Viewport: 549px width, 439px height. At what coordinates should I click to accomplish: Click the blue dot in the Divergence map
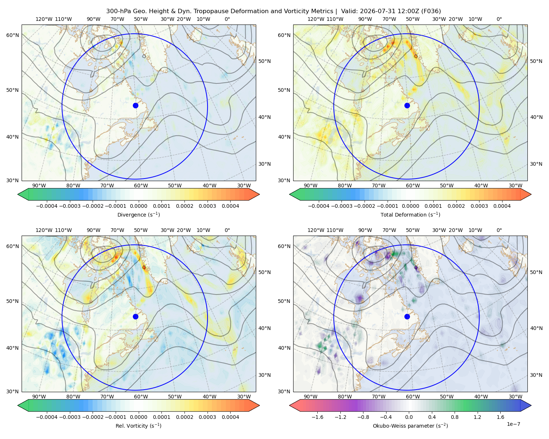coord(135,106)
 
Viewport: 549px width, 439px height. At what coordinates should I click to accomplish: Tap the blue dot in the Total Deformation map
coord(407,106)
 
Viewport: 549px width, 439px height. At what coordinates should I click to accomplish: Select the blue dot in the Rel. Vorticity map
coord(135,316)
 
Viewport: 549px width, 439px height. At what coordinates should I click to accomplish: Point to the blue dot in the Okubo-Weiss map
coord(407,316)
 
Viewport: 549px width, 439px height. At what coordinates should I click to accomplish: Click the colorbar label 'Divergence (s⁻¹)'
coord(138,214)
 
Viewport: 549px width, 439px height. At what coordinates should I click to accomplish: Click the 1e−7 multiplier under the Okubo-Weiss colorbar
coord(513,424)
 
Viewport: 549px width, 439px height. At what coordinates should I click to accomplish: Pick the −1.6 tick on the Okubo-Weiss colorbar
coord(318,417)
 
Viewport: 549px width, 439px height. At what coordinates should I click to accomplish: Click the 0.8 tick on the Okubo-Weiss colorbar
coord(455,417)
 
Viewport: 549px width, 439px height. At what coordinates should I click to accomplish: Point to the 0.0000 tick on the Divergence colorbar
coord(138,206)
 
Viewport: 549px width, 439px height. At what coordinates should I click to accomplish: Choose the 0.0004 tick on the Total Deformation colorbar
coord(502,206)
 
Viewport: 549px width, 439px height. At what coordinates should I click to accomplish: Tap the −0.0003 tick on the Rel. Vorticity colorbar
coord(70,417)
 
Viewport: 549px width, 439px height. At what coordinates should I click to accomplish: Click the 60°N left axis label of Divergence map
coord(12,35)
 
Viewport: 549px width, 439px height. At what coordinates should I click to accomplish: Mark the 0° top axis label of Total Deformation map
coord(499,19)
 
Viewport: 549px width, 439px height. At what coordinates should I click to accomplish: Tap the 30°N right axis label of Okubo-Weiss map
coord(536,375)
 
